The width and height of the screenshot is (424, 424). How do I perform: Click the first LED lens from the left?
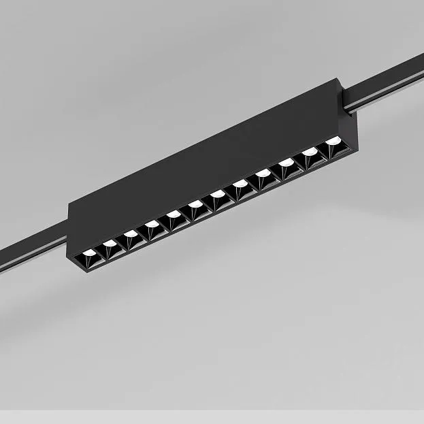click(89, 253)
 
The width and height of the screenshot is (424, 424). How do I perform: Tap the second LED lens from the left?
click(110, 243)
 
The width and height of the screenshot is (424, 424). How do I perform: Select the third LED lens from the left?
click(131, 233)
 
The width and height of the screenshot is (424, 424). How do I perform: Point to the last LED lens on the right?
click(332, 141)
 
